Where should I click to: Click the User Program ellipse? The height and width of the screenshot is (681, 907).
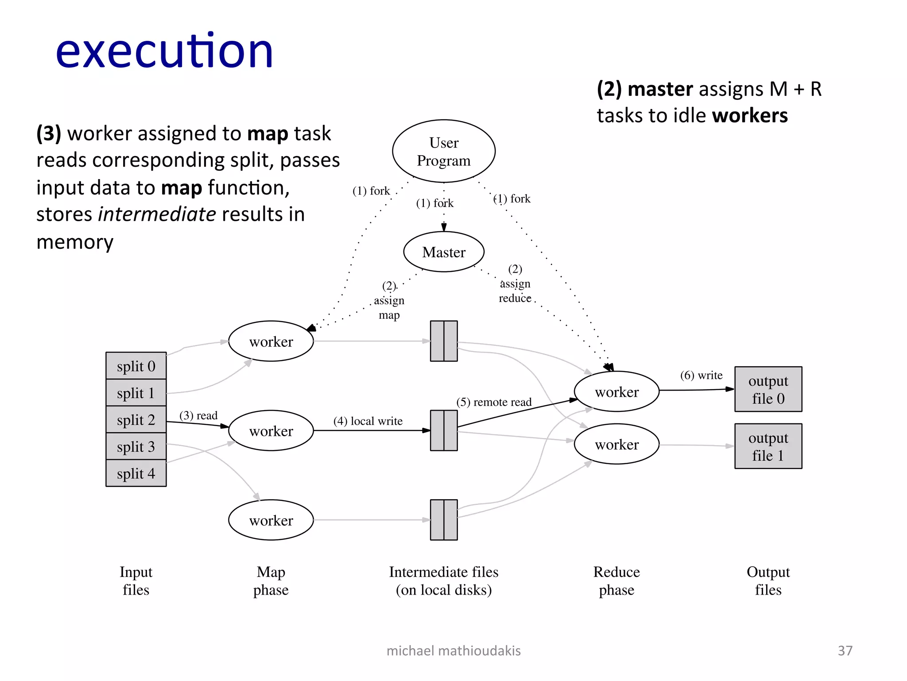pyautogui.click(x=444, y=151)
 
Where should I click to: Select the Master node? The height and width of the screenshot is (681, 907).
pyautogui.click(x=444, y=252)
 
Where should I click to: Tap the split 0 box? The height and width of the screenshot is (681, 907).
pyautogui.click(x=136, y=366)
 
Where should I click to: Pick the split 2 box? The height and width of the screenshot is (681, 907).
pyautogui.click(x=136, y=419)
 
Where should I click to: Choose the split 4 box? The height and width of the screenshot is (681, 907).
pyautogui.click(x=136, y=474)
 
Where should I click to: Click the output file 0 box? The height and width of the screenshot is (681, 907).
pyautogui.click(x=768, y=389)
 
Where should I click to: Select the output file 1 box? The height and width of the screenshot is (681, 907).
pyautogui.click(x=768, y=446)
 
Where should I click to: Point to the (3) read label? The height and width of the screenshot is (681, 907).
pyautogui.click(x=198, y=415)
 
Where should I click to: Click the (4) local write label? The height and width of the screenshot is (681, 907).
pyautogui.click(x=368, y=421)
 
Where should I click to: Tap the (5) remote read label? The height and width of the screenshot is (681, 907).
pyautogui.click(x=494, y=402)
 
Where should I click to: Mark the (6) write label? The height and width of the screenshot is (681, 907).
pyautogui.click(x=701, y=375)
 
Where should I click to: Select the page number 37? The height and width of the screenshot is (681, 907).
pyautogui.click(x=845, y=650)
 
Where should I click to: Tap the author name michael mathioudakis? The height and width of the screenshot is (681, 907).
pyautogui.click(x=453, y=650)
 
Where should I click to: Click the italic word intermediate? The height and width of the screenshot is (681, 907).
pyautogui.click(x=157, y=214)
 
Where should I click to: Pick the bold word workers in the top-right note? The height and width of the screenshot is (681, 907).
pyautogui.click(x=750, y=115)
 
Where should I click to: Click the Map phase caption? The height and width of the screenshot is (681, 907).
pyautogui.click(x=271, y=581)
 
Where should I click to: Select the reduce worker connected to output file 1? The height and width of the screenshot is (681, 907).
pyautogui.click(x=616, y=444)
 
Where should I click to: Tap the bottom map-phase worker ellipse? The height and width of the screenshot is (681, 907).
pyautogui.click(x=271, y=520)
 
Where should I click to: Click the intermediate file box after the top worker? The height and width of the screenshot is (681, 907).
pyautogui.click(x=444, y=341)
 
